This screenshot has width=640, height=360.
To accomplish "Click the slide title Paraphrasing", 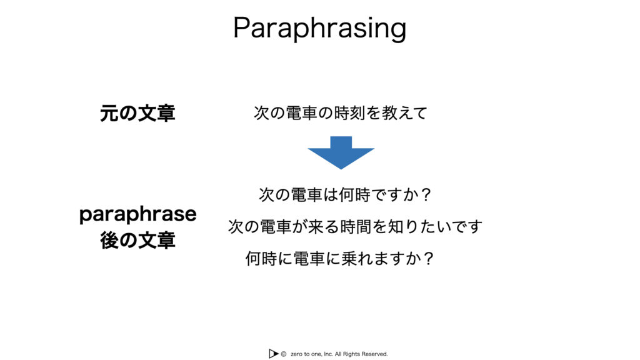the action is pos(319,28).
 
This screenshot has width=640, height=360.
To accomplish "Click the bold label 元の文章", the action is pos(137,113).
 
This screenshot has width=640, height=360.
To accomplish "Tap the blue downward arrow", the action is pos(341,152).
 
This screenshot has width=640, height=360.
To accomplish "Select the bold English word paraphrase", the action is pos(138,214).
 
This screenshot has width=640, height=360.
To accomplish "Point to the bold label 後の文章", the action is pos(137,240).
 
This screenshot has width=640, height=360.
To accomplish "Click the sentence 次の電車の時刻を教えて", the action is pos(341,113).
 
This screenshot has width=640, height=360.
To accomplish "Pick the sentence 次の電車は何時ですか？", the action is pos(345,195).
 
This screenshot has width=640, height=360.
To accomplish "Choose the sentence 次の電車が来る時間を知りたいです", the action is pos(355,226).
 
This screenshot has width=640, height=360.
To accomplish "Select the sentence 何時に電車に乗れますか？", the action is pos(339,258).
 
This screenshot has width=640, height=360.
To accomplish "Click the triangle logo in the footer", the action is pos(273,354).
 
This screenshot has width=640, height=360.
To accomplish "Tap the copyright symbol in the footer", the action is pos(283,354).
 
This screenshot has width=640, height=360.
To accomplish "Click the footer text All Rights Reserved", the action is pos(361,354).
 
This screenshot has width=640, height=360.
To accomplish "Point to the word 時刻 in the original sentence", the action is pos(349,113).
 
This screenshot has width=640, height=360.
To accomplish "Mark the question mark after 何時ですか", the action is pos(426,195).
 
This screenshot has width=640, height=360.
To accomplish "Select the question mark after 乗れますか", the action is pos(428,258).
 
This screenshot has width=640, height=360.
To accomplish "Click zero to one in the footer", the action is pos(306,354).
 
